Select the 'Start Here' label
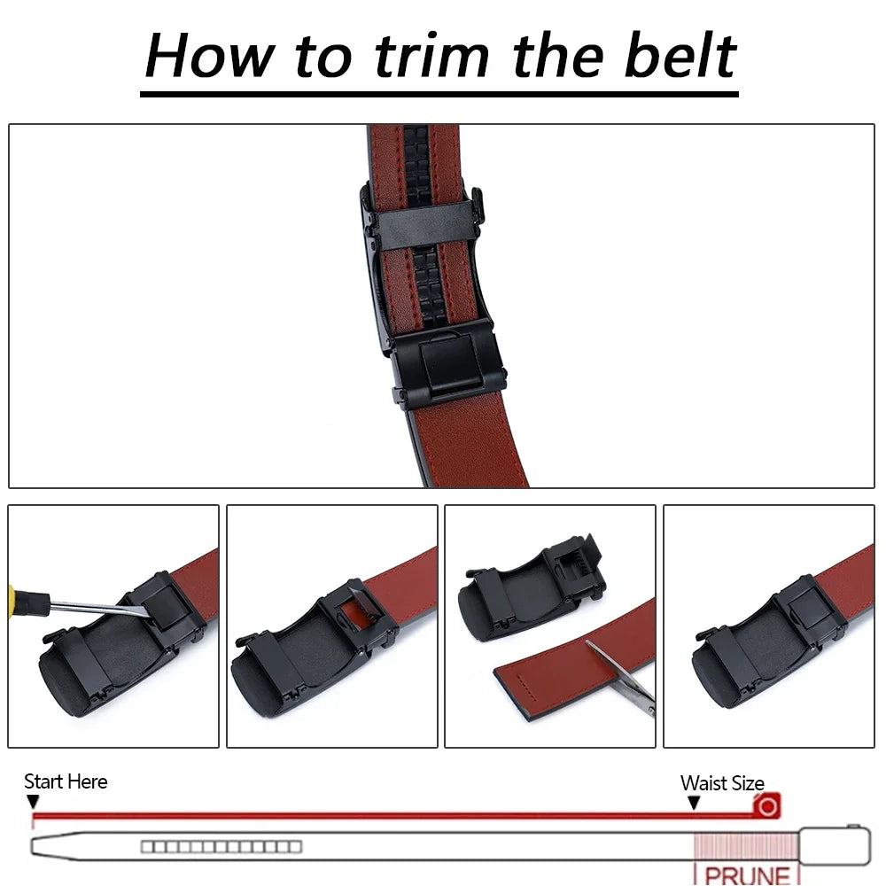(66, 781)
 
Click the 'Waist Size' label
(722, 783)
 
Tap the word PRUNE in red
(747, 875)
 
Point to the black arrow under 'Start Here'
(33, 802)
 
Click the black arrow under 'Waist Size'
(694, 802)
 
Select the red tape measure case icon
(767, 806)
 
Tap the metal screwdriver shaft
(97, 608)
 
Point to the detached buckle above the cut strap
(532, 589)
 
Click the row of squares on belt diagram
(221, 847)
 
